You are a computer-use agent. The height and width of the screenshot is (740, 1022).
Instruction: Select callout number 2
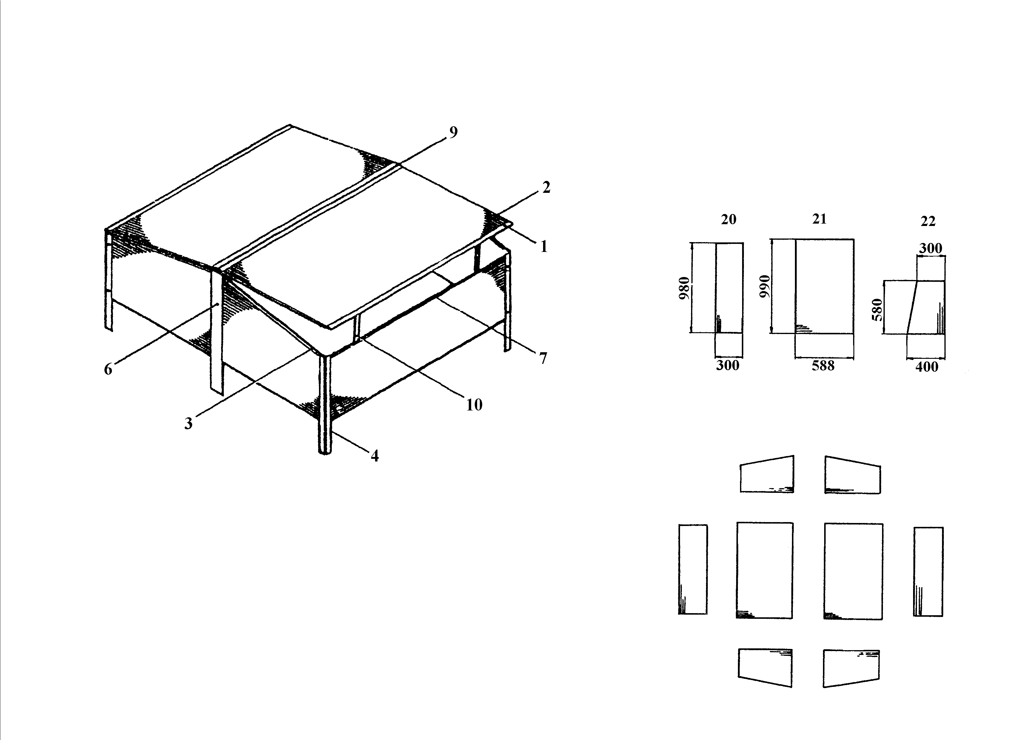point(546,187)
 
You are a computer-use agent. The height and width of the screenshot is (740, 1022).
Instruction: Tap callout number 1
point(544,247)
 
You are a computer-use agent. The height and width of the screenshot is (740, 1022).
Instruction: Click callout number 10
point(474,405)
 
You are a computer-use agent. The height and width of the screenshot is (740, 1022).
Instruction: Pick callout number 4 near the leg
point(374,456)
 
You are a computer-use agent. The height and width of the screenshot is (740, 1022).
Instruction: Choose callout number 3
point(188,424)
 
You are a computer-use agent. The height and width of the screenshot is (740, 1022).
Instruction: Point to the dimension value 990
point(765,286)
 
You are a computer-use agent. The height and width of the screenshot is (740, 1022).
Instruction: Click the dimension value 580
point(877,310)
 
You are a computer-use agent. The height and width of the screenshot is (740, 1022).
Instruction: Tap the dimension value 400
point(927,367)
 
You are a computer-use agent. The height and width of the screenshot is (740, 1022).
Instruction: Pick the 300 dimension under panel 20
point(728,365)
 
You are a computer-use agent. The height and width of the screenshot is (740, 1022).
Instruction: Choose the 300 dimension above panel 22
point(930,248)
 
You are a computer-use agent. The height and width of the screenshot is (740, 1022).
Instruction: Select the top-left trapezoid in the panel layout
point(767,475)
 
